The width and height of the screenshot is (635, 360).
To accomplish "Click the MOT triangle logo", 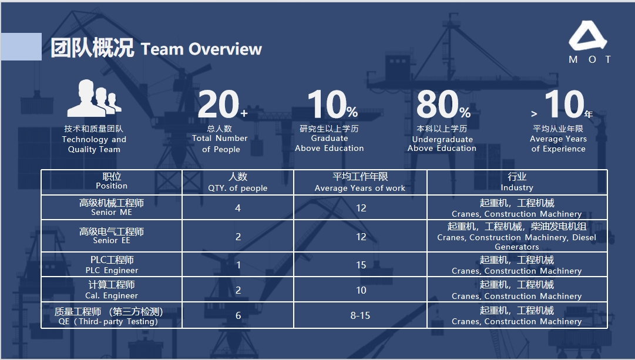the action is coord(588,36).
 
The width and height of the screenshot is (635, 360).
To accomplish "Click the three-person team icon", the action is coord(95,98).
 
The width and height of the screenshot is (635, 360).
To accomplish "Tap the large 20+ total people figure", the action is coord(222,104).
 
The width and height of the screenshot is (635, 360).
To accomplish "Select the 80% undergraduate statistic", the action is coord(444,104).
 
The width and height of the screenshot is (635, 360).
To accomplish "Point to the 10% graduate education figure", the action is coord(332,104).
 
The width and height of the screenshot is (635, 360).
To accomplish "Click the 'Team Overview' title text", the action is coord(201,49).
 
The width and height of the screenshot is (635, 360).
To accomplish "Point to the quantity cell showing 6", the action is coord(238,315).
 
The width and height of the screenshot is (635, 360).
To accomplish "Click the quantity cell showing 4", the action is coord(238,208).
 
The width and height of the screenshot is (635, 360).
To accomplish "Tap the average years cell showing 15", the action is coord(361,265).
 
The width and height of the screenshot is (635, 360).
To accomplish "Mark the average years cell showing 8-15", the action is coord(361,315).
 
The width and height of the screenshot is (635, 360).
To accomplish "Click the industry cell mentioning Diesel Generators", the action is coord(517,236).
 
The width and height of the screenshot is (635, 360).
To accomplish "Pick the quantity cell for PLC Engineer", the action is coord(238,265).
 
